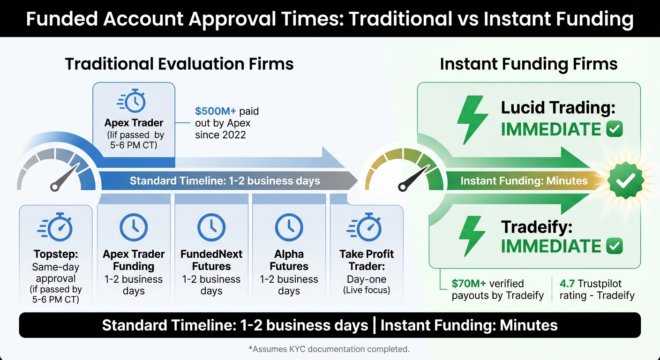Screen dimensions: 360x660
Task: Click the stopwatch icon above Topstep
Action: [x=56, y=227]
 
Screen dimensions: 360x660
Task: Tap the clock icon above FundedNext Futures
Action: [x=211, y=227]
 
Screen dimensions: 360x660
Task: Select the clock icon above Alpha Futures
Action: [x=289, y=227]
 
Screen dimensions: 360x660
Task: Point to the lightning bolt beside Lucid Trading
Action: [x=472, y=120]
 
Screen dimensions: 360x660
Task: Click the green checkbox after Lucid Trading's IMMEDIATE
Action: [x=615, y=129]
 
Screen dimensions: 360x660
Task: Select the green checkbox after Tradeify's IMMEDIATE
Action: [x=615, y=246]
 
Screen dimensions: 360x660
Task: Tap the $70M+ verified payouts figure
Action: [x=469, y=284]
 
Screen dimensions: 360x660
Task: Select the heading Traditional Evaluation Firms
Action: [x=179, y=64]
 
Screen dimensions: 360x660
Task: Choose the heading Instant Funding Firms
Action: [x=528, y=64]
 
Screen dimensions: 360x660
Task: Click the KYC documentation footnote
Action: [x=330, y=349]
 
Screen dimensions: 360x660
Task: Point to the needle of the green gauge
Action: [x=412, y=178]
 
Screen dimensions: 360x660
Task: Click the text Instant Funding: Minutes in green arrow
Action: [x=524, y=181]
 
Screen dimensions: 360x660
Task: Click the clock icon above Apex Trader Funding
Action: [x=134, y=227]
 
